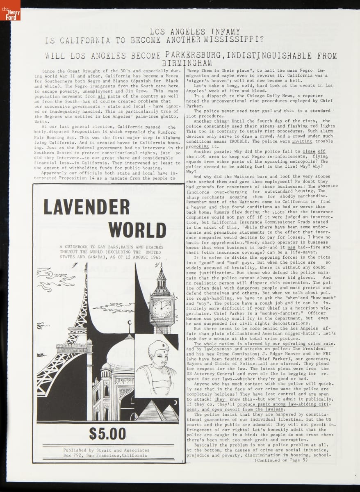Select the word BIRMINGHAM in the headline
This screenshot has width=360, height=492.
[187, 63]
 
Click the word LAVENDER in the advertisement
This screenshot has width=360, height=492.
[87, 207]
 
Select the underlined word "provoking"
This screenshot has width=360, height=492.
[197, 146]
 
